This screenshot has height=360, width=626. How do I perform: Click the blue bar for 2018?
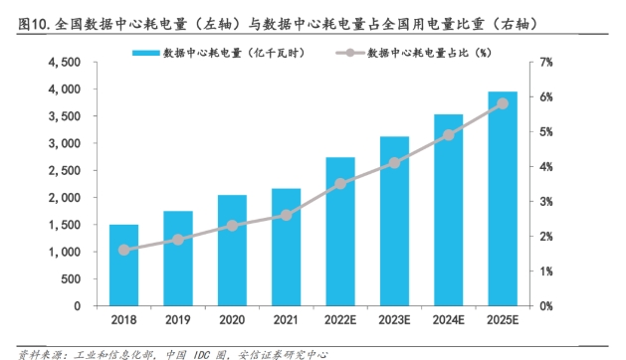tap(124, 266)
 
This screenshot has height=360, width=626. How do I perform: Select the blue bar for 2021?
tap(286, 248)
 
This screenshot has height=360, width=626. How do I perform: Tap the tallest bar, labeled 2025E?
tap(502, 199)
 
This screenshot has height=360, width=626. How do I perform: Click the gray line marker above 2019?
tap(178, 240)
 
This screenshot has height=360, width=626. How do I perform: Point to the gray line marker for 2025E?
tap(502, 103)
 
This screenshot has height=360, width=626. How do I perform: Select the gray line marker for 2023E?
tap(394, 162)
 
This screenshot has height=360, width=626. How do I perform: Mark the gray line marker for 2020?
tap(232, 226)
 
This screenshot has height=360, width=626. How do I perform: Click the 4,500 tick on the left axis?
tap(65, 62)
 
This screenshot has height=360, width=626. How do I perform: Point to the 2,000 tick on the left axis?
tap(65, 198)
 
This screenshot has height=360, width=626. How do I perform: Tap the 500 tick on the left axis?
tap(72, 279)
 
